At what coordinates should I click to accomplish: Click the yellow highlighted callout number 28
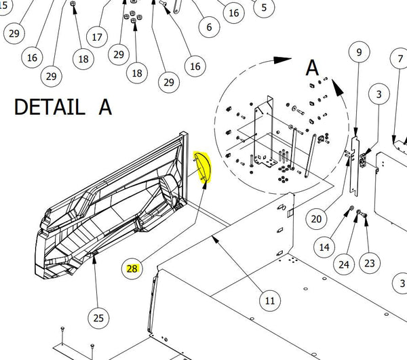132,268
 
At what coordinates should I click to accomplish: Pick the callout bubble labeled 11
270,300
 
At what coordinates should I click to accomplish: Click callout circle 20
317,218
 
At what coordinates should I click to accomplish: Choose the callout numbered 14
325,247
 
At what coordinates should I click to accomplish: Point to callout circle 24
345,264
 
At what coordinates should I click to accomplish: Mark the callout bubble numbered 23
370,261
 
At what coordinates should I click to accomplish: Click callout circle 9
359,52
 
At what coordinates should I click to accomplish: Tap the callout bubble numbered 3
379,94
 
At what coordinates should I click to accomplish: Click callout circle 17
97,37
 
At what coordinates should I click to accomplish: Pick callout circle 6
208,28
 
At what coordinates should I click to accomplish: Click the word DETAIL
46,107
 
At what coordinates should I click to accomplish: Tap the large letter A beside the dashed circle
311,68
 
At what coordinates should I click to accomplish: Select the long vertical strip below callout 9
355,163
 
